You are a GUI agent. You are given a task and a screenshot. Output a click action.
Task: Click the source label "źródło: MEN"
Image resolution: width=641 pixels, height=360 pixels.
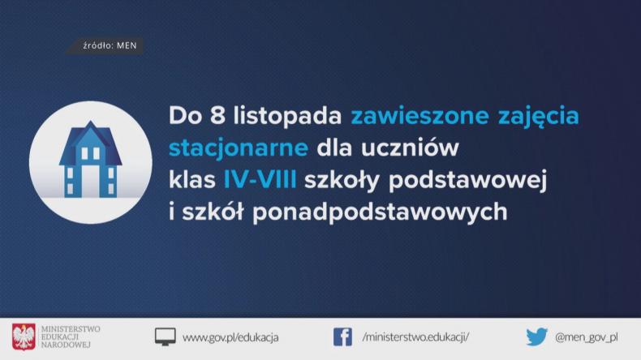tap(109, 46)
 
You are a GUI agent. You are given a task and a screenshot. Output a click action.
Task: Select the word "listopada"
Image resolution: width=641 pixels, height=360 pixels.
tap(283, 117)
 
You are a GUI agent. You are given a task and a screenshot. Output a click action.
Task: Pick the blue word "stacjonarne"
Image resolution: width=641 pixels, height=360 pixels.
tap(239, 148)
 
